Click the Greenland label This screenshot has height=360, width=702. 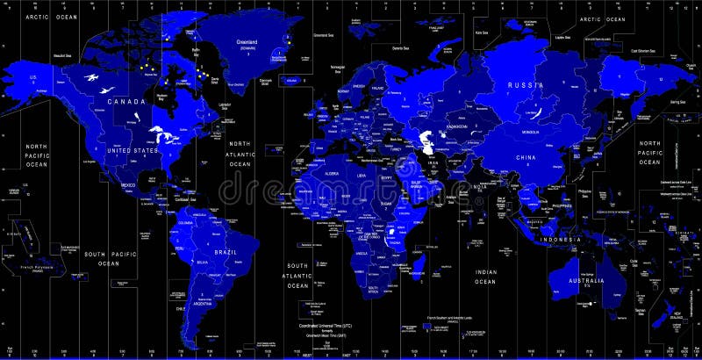tap(247, 40)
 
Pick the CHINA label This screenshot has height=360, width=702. tap(525, 157)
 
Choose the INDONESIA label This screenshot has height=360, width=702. tap(559, 240)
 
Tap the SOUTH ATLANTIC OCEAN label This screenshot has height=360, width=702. tap(297, 274)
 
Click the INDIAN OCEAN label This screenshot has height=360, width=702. tap(485, 277)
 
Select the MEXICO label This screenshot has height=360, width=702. tap(128, 185)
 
